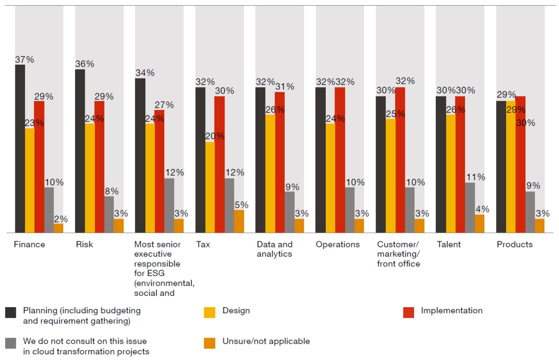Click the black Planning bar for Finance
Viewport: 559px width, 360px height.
[x=20, y=148]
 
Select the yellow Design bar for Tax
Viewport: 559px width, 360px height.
[x=210, y=187]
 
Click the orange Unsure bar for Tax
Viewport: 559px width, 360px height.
[x=239, y=221]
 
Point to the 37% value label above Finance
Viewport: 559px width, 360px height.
[x=24, y=59]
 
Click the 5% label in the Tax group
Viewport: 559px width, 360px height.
[x=242, y=205]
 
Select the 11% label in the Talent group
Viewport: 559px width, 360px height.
[x=475, y=177]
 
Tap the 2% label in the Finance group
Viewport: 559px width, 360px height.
[x=61, y=219]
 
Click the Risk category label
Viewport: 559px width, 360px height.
[x=84, y=244]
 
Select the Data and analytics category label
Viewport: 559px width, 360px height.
[x=274, y=249]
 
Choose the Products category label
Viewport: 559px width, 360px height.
[x=514, y=244]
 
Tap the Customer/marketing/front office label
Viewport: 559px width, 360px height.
[x=398, y=254]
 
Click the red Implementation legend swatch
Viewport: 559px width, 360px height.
[x=408, y=312]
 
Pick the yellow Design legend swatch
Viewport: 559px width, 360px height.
[x=210, y=312]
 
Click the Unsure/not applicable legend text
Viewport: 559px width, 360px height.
[x=266, y=341]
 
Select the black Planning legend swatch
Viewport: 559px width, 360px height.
[x=11, y=312]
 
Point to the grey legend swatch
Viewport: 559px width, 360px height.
[x=11, y=343]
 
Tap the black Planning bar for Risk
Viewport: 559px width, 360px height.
[x=80, y=151]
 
